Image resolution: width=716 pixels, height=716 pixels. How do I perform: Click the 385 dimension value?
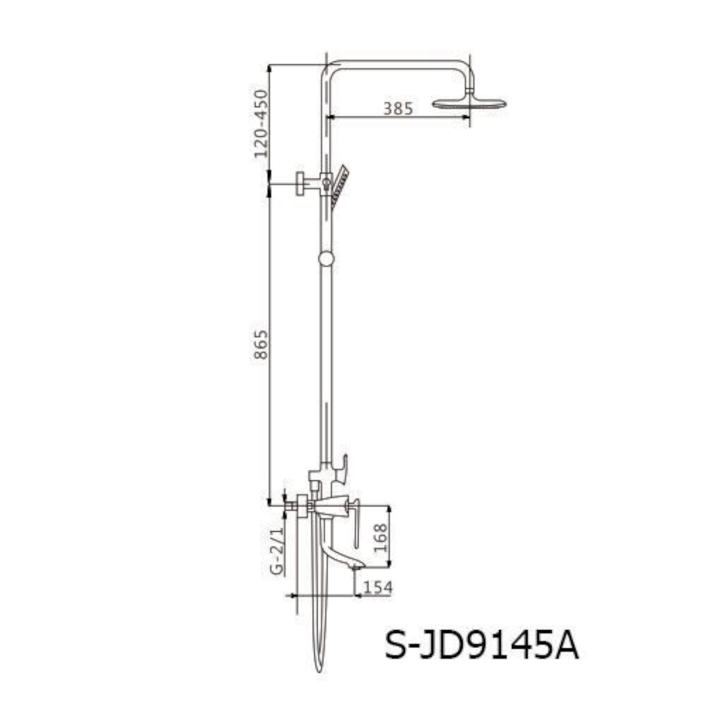point(398,108)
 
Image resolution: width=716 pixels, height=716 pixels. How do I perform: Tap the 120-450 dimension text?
point(261,124)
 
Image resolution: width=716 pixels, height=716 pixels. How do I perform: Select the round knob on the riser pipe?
point(326,258)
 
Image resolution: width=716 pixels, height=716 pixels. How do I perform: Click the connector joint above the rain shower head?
point(470,90)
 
